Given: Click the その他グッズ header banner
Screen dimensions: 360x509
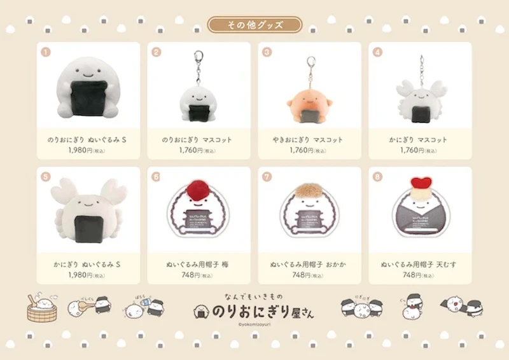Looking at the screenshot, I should [x=254, y=25].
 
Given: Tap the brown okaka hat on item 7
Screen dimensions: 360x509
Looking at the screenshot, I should [x=309, y=191].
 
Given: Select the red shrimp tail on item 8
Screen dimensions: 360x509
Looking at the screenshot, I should [x=420, y=183].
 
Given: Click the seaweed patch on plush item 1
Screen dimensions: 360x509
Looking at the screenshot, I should [x=88, y=96].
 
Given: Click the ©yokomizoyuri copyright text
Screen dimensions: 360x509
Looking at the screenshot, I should [x=254, y=325].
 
